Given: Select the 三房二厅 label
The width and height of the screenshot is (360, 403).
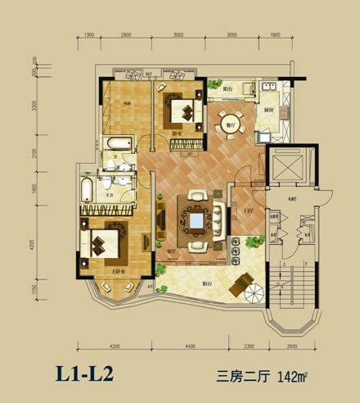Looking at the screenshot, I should click(x=240, y=377).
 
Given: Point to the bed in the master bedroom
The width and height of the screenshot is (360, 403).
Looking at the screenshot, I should click(x=106, y=242).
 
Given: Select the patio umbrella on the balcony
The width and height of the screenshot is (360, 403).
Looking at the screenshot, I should click(x=242, y=286).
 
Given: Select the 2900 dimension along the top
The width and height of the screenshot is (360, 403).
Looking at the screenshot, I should click(x=126, y=37).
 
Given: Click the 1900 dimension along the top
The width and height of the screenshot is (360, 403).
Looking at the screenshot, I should click(x=275, y=37).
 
